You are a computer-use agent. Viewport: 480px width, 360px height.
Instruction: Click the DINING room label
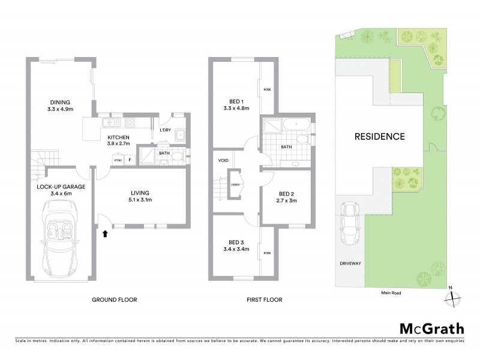(x=60, y=106)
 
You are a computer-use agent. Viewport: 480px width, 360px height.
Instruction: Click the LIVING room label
(x=139, y=196)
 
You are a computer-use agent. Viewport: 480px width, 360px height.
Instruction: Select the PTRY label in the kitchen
(x=118, y=160)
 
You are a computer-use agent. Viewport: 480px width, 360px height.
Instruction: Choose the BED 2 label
(x=286, y=197)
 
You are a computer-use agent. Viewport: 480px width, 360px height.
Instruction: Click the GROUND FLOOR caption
(x=114, y=299)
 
